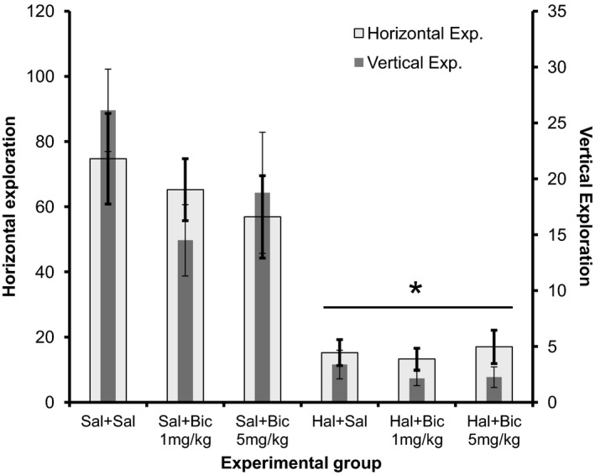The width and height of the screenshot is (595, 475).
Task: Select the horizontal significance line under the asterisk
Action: tap(417, 306)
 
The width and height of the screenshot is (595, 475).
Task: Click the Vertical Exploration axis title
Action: tap(585, 207)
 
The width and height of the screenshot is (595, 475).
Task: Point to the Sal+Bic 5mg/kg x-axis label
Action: tap(262, 425)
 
